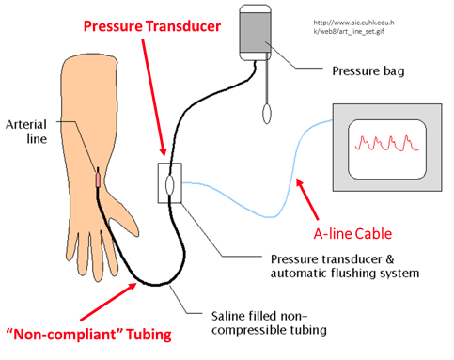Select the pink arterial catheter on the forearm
(98, 177)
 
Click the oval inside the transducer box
(169, 182)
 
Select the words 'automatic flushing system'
(342, 274)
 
